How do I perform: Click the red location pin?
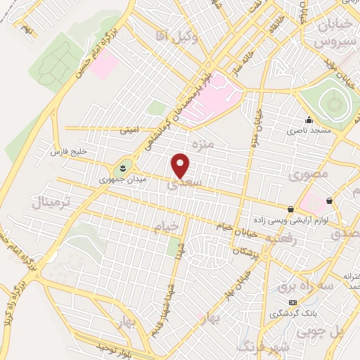click(x=181, y=165)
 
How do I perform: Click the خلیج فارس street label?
click(x=67, y=152)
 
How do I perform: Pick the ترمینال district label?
click(x=49, y=204)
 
